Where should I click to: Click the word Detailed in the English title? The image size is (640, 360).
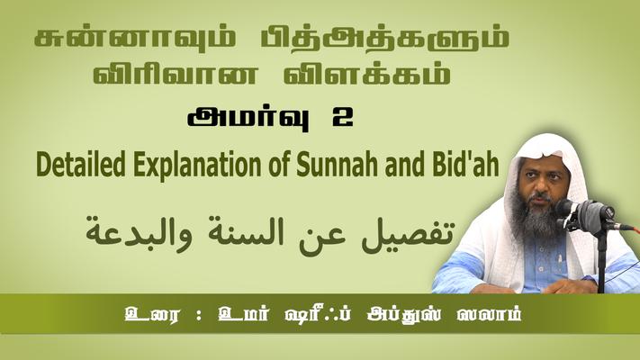tap(81, 165)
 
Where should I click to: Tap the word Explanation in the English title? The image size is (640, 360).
tap(197, 166)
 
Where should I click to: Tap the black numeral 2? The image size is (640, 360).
tap(342, 119)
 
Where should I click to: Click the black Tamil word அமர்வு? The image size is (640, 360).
tap(248, 119)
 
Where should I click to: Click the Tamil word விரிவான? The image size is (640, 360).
tap(176, 74)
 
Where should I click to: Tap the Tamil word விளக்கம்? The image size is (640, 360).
tap(367, 74)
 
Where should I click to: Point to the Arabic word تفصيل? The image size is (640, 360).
tap(408, 235)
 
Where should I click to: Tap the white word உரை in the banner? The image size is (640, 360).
tap(151, 315)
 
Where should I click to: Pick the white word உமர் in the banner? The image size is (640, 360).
tap(244, 315)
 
